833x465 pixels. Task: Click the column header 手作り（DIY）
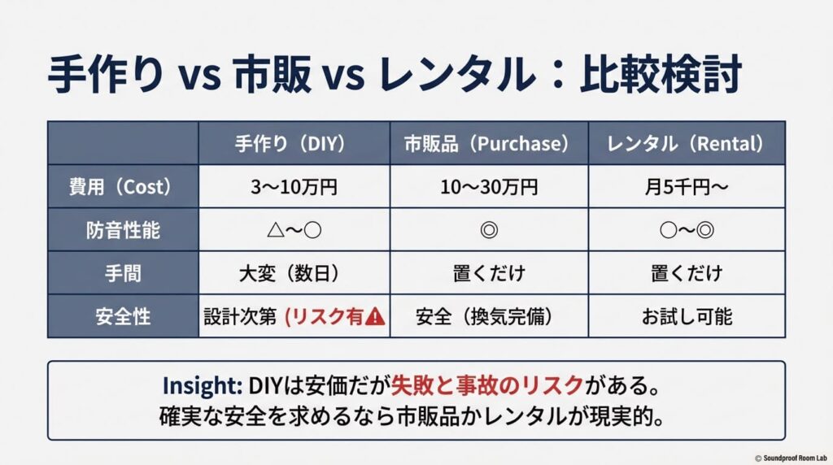[294, 144]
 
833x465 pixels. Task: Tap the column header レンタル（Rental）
[687, 144]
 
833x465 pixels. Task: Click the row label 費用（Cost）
[122, 187]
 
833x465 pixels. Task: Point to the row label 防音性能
[122, 230]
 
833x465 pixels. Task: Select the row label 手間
[122, 273]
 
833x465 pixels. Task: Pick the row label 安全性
[122, 316]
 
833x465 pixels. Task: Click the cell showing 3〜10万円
[294, 187]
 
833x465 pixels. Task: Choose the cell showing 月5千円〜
[687, 187]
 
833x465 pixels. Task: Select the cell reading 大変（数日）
[294, 273]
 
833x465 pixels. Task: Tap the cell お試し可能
[687, 316]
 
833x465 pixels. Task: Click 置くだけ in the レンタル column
[687, 273]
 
